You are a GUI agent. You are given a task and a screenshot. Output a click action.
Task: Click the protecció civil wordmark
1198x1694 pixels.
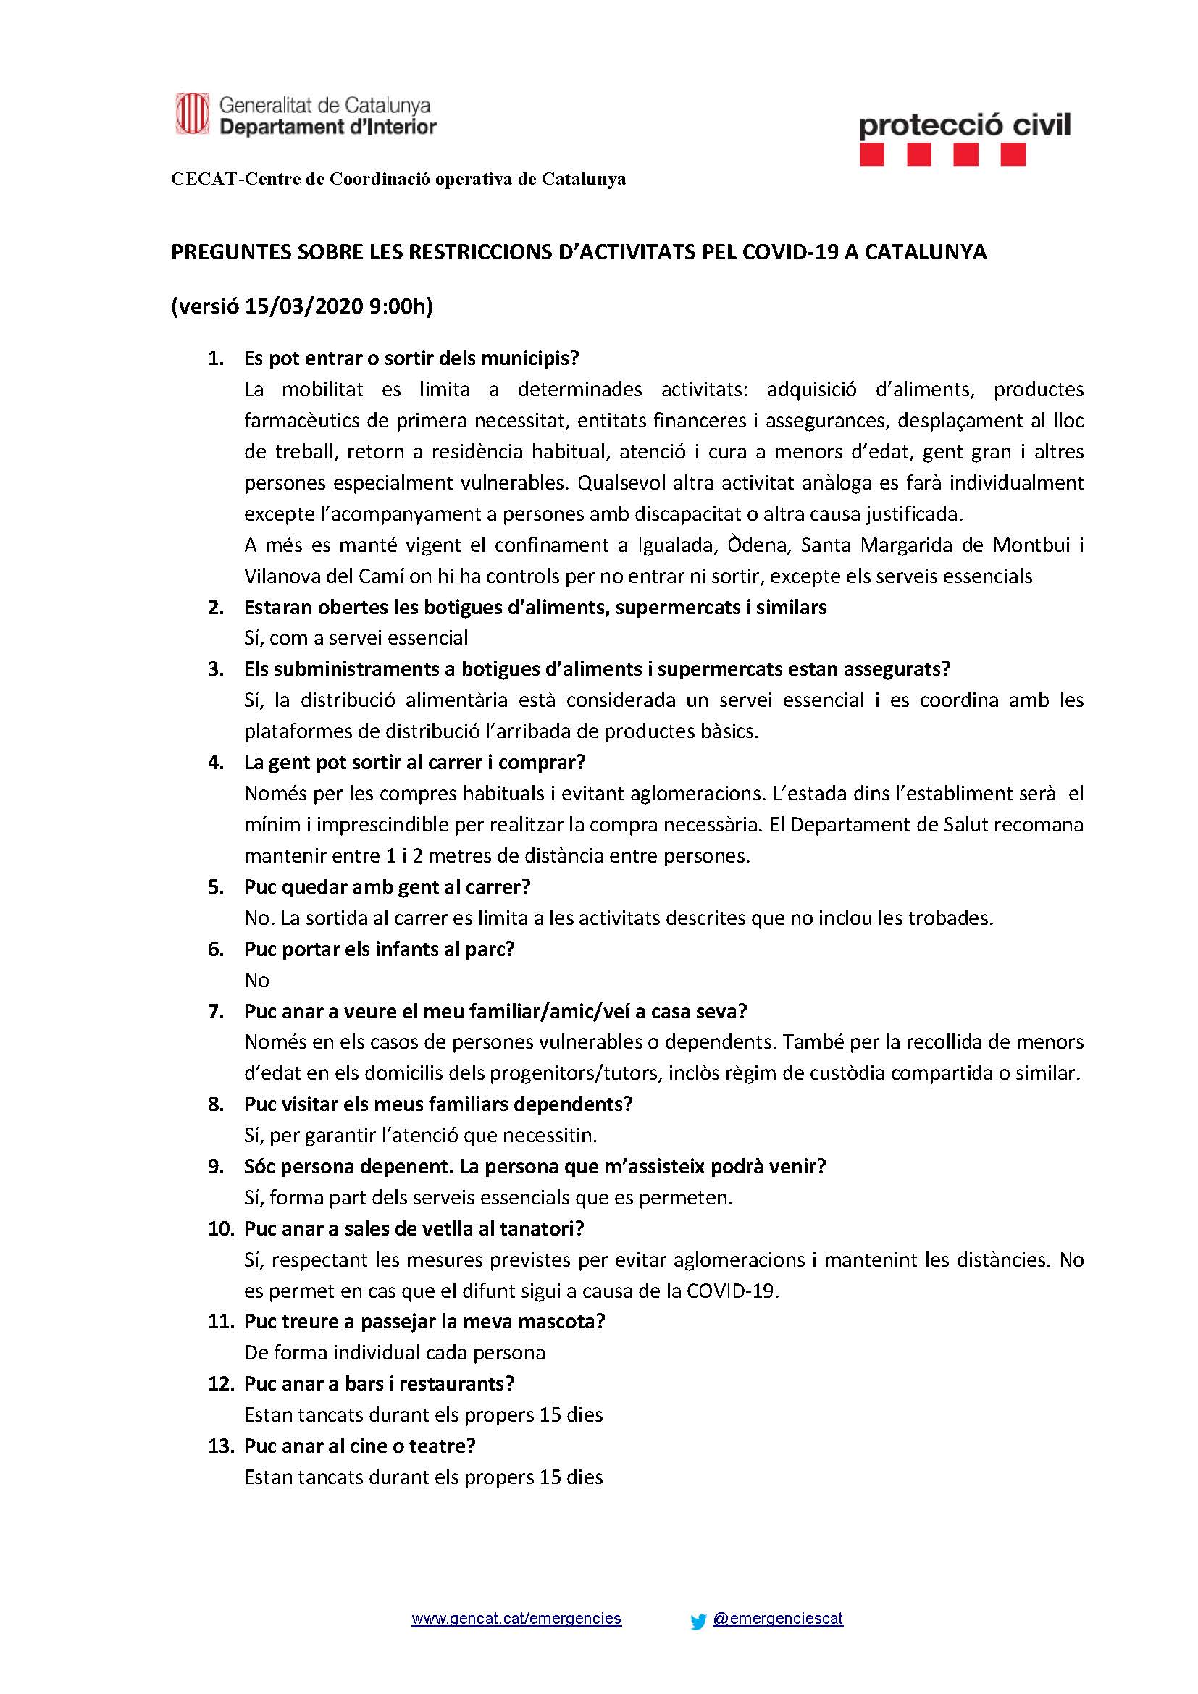[x=964, y=125]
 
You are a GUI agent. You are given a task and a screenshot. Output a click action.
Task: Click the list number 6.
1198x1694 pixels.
[x=215, y=949]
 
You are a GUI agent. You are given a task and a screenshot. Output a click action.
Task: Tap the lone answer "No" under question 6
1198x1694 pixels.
[x=256, y=980]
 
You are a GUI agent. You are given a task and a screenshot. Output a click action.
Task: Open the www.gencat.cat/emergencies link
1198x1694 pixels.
[x=516, y=1619]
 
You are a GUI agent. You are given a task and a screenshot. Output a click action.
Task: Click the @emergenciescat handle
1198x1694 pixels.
[x=777, y=1619]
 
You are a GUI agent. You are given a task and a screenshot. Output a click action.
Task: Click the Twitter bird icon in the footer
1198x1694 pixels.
[x=698, y=1622]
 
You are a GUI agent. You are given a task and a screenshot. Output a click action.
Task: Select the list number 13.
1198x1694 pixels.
[x=220, y=1446]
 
